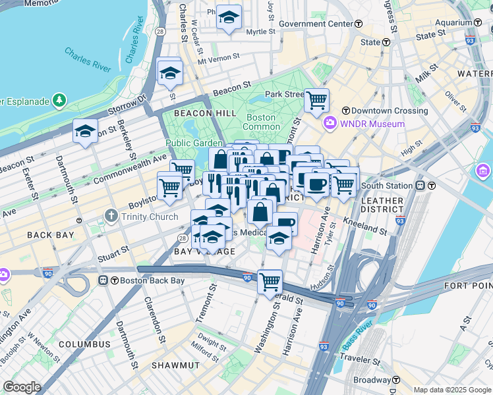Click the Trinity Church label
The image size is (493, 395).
pyautogui.click(x=148, y=217)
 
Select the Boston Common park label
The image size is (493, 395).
pyautogui.click(x=262, y=122)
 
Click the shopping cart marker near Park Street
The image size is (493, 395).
pyautogui.click(x=316, y=101)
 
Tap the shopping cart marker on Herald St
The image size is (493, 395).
pyautogui.click(x=270, y=282)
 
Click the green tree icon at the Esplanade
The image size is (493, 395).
pyautogui.click(x=59, y=101)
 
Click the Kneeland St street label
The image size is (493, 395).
pyautogui.click(x=364, y=226)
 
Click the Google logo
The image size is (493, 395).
pyautogui.click(x=22, y=387)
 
